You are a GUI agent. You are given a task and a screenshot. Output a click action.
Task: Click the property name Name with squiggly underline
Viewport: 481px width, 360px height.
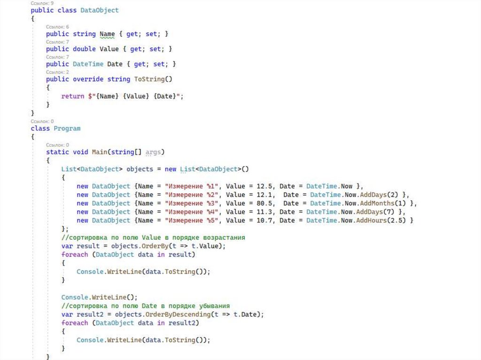(107, 34)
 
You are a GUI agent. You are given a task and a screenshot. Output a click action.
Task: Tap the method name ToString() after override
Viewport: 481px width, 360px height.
(153, 79)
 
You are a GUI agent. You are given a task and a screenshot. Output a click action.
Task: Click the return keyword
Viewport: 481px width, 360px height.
(72, 96)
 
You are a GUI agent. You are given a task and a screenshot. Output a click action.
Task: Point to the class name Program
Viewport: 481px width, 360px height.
(67, 128)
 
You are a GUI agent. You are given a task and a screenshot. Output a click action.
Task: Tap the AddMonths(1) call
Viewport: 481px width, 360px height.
(385, 203)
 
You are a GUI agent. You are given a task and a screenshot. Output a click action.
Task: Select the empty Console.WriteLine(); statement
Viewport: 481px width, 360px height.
(99, 297)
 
